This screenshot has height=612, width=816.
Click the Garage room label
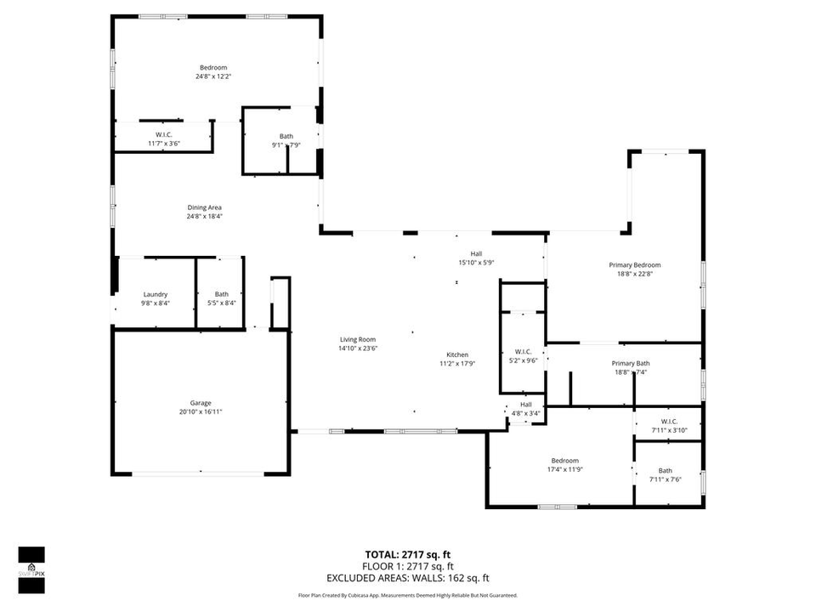(201, 403)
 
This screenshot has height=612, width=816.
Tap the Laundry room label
(155, 294)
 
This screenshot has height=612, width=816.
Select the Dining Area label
(204, 207)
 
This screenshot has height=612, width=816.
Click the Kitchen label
(457, 355)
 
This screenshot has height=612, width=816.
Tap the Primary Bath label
(629, 364)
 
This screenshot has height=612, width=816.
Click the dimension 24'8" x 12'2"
(212, 76)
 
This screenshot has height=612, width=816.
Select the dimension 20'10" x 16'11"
(201, 411)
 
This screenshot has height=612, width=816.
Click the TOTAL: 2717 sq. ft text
(408, 553)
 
